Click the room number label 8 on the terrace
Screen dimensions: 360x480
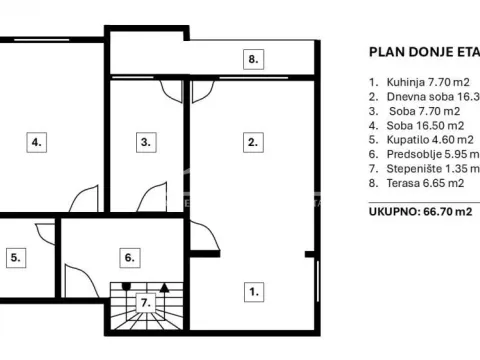(254, 60)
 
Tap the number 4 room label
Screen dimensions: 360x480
(37, 143)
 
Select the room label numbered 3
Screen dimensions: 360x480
(146, 143)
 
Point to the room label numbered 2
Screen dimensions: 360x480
(254, 143)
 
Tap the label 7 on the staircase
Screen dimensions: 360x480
(146, 301)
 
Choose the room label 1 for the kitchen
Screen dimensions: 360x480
(254, 292)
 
